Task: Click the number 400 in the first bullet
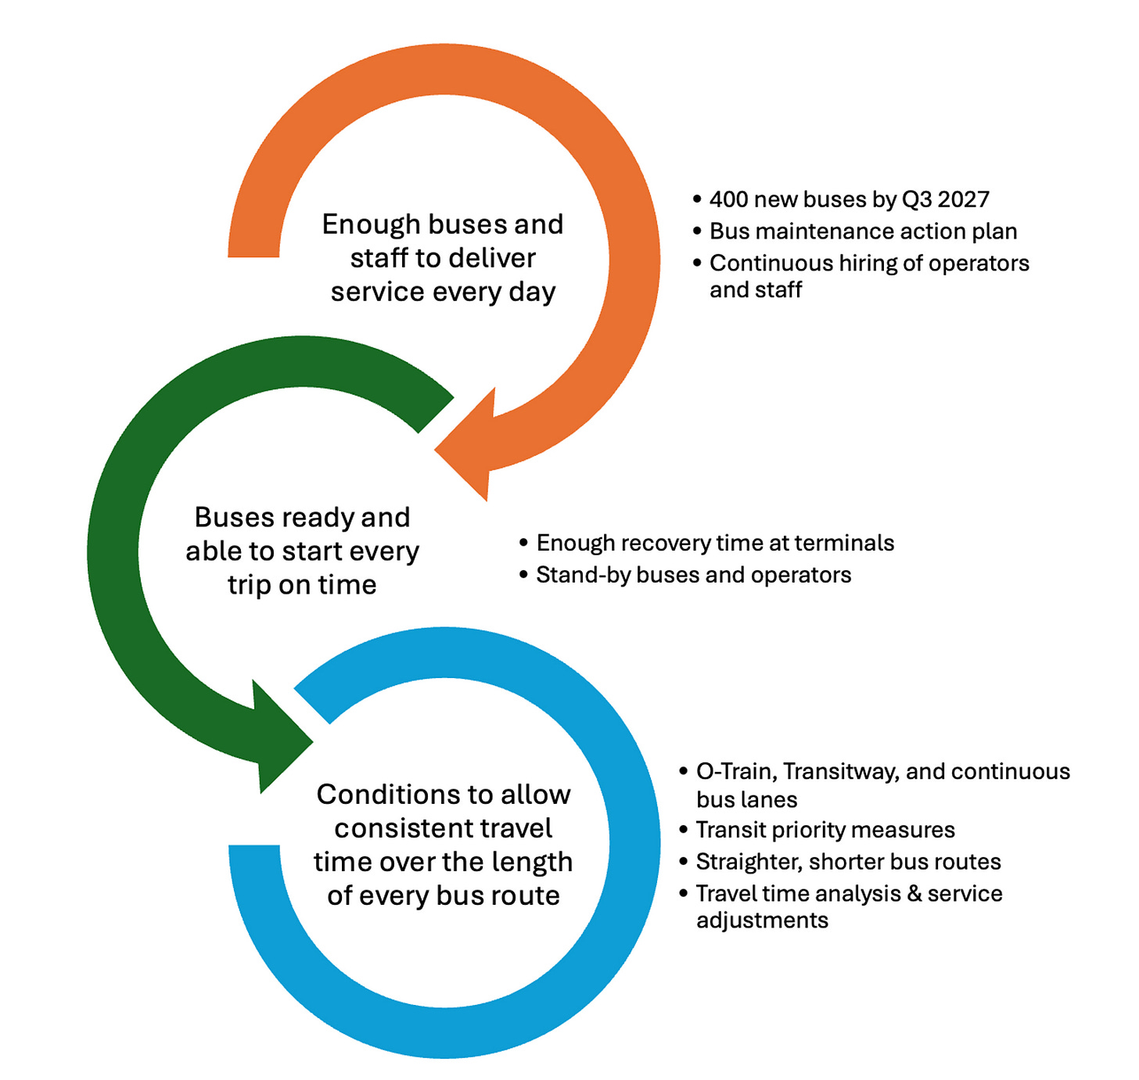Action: [x=729, y=199]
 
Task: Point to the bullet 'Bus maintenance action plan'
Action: [x=863, y=231]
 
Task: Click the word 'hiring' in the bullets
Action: [x=868, y=264]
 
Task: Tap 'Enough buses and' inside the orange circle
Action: [x=442, y=224]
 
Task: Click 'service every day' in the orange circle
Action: [x=443, y=292]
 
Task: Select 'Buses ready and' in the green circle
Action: [x=302, y=518]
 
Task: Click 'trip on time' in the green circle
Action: [x=302, y=585]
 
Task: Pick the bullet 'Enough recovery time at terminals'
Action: [x=715, y=543]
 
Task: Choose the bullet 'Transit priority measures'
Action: [x=825, y=830]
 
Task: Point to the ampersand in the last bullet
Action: [x=914, y=894]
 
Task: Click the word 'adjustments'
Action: [x=762, y=920]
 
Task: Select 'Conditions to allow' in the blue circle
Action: [x=444, y=795]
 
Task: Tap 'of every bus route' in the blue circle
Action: [x=444, y=895]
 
